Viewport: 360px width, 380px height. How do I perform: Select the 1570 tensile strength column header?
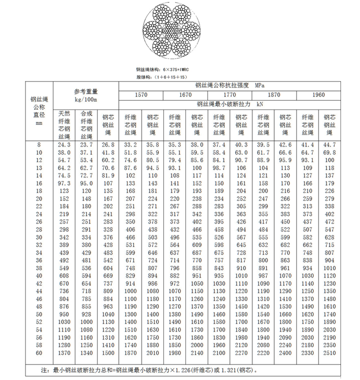coord(141,95)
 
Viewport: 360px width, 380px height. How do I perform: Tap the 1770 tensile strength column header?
coord(230,95)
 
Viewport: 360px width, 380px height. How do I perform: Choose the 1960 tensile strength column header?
coord(319,95)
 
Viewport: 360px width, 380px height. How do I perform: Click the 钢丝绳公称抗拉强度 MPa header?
coord(230,85)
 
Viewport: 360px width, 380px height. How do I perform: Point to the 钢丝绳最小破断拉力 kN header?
coord(230,104)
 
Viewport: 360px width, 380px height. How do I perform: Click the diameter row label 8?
coord(40,144)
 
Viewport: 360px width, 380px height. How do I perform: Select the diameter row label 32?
coord(40,245)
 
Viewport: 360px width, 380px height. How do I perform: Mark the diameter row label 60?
coord(40,353)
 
